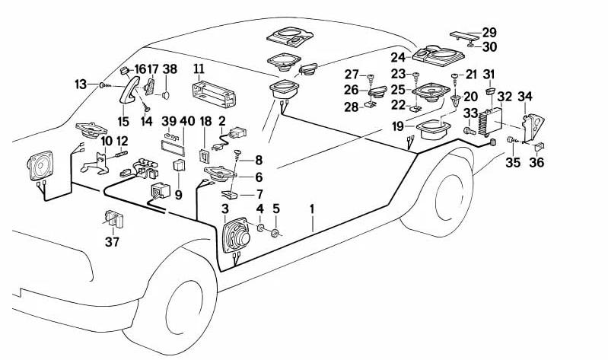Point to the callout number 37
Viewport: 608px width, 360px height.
point(112,242)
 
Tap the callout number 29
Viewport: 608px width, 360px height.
point(489,33)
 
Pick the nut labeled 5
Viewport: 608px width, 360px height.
point(277,230)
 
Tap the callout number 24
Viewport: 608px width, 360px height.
point(398,56)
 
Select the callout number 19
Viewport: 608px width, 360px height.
point(398,126)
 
